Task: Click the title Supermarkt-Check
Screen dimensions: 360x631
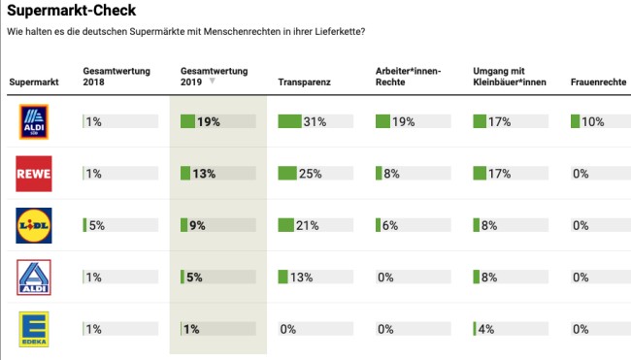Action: tap(71, 12)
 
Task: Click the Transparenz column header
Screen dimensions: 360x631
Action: tap(304, 82)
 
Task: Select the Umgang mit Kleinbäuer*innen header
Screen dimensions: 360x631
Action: tap(509, 77)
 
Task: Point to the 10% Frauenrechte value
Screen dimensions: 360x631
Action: tap(594, 121)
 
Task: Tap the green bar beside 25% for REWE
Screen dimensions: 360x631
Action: tap(288, 174)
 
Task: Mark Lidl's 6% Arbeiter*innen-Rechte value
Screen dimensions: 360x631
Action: tap(391, 225)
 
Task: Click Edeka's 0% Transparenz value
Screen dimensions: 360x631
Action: tap(288, 329)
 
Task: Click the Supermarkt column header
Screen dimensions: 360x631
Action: tap(34, 82)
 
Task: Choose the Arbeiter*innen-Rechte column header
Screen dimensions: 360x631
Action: tap(410, 77)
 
